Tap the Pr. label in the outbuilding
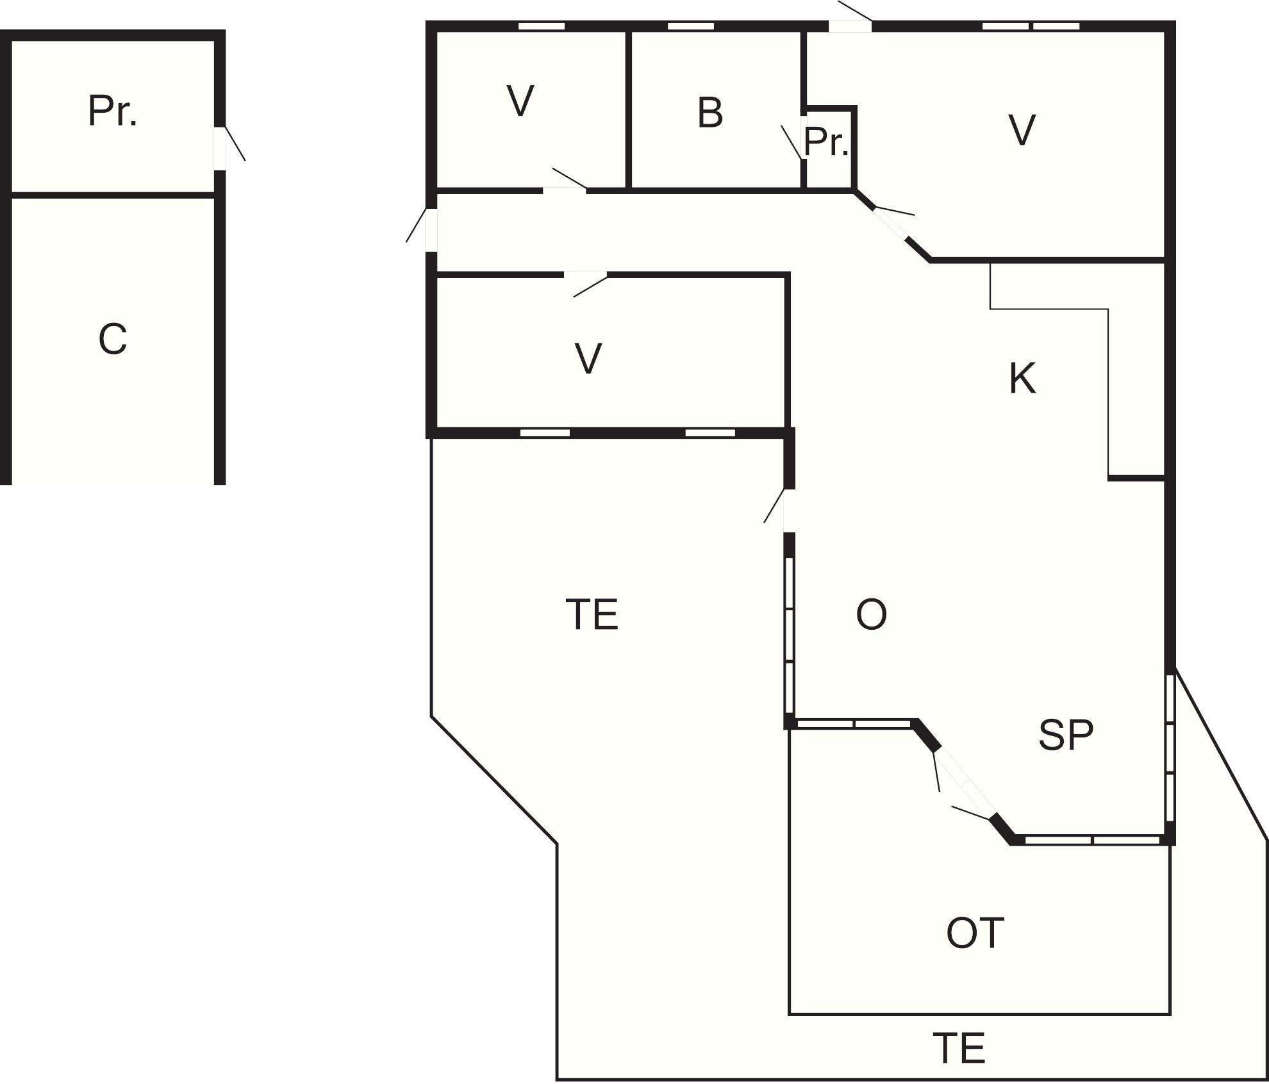[112, 111]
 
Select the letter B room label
[709, 113]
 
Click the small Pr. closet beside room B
[827, 142]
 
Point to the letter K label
[1022, 378]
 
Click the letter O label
[872, 614]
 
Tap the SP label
[1066, 735]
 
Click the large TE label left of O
[592, 614]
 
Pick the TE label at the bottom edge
[959, 1047]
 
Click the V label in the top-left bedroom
[520, 101]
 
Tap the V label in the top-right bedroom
[1022, 130]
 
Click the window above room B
[691, 26]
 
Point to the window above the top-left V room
[542, 26]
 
